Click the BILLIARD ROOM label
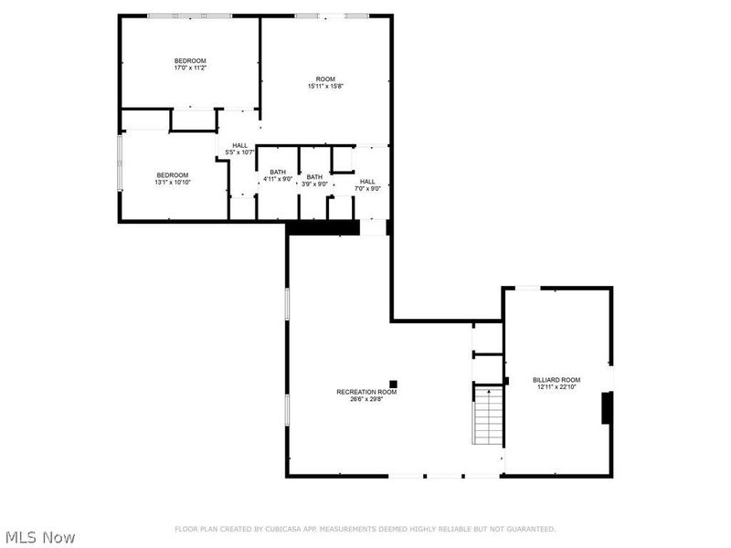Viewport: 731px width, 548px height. coord(556,379)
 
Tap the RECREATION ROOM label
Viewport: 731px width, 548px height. coord(366,392)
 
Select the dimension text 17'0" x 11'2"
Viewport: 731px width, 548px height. coord(190,68)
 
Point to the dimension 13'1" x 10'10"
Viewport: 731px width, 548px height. coord(172,183)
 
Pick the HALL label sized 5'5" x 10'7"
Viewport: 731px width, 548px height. coord(239,145)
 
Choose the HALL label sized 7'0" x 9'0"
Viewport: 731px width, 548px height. coord(367,181)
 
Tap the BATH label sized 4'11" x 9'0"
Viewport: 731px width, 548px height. coord(278,172)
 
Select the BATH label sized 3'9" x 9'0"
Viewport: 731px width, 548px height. coord(314,176)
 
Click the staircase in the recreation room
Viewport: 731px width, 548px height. coord(489,416)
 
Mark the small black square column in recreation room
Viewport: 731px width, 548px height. coord(394,385)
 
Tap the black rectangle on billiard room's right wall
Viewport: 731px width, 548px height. coord(606,407)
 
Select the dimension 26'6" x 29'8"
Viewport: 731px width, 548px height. coord(366,398)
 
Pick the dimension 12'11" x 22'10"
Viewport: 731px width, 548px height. coord(556,386)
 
